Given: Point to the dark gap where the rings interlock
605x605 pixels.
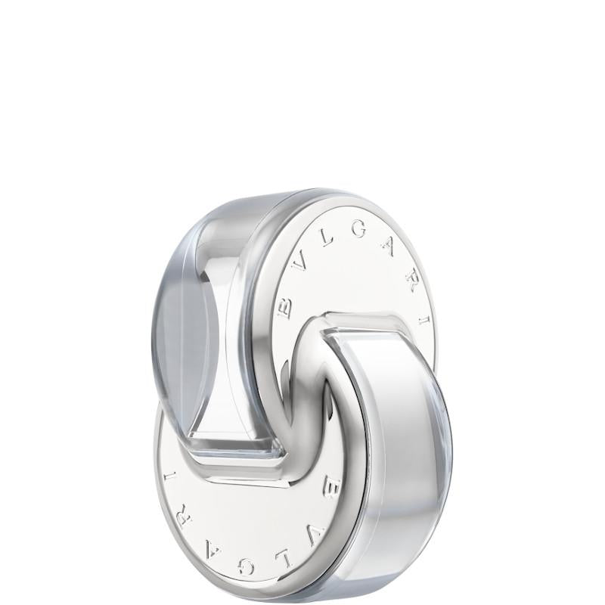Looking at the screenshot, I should tap(318, 393).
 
